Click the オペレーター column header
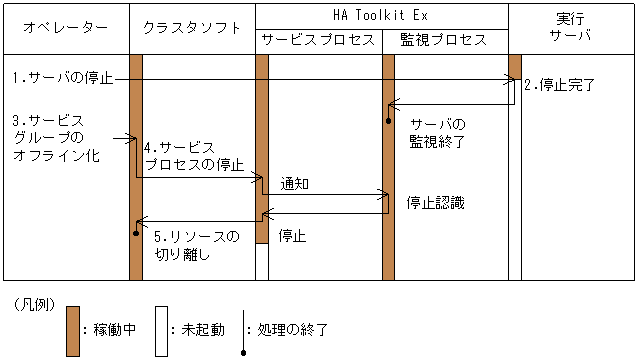coord(65,28)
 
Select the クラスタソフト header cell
coord(192,28)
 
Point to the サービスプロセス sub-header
coord(318,40)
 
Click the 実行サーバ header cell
coord(571,28)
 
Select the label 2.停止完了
coord(559,85)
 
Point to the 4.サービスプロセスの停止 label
coord(194,155)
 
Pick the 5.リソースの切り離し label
coord(197,245)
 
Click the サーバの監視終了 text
coord(437,132)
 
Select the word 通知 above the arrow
coord(295,183)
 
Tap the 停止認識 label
coord(435,202)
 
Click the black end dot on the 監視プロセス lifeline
coord(389,120)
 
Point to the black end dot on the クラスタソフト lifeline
coord(136,233)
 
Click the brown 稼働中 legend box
coord(72,329)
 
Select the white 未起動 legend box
coord(160,329)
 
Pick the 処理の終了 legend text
coord(292,329)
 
